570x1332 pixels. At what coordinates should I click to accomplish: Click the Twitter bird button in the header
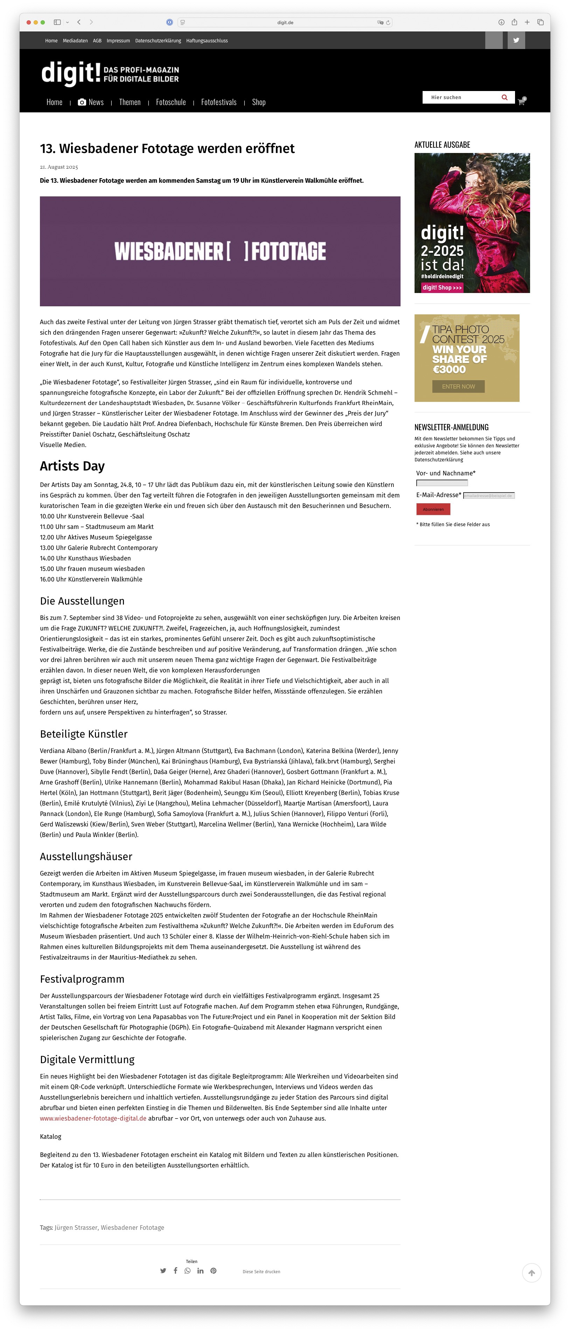(516, 40)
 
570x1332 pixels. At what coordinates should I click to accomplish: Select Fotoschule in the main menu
(171, 102)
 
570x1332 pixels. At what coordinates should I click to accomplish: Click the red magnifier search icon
(504, 97)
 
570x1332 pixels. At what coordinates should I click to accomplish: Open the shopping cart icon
(521, 102)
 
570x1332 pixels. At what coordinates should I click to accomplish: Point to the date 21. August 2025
(59, 167)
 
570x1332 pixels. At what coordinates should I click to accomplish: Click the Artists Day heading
(72, 466)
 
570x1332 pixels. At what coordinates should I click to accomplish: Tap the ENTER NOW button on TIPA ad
(458, 386)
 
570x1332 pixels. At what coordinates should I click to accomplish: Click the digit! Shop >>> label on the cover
(442, 287)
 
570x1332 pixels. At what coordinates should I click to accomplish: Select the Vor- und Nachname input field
(442, 483)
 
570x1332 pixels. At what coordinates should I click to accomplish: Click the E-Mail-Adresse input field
(488, 495)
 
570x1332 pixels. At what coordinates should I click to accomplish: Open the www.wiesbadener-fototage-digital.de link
(93, 1118)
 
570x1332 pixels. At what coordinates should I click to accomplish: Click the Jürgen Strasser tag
(76, 1227)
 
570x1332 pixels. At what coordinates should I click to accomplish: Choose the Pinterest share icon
(213, 1270)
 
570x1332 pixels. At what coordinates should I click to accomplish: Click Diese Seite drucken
(261, 1271)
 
